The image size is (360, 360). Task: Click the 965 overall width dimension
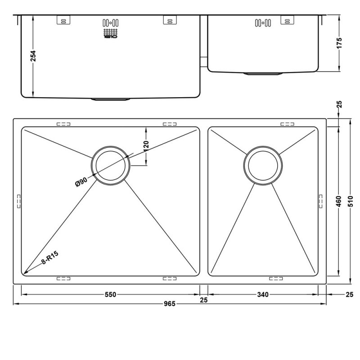click(169, 304)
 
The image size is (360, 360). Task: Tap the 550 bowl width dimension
click(111, 295)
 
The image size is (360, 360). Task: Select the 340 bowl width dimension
click(263, 295)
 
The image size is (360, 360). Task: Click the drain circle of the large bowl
click(111, 165)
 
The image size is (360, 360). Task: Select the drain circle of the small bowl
click(263, 165)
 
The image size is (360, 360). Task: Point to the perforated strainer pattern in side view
click(111, 33)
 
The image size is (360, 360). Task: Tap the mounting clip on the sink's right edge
click(320, 201)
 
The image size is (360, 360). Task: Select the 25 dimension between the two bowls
click(204, 300)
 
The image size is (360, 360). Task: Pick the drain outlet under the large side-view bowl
click(111, 99)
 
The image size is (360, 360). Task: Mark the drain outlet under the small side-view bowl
click(263, 73)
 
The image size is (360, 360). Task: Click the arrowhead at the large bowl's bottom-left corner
click(26, 272)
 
